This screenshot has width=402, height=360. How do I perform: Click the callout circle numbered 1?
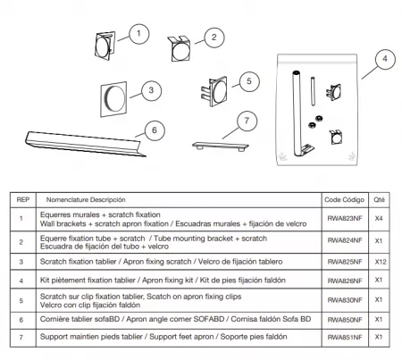coord(138,34)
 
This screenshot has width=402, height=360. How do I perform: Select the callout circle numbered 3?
coord(153,89)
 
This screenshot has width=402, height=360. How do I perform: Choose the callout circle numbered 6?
coord(154,130)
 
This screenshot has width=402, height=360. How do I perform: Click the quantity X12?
coord(380,264)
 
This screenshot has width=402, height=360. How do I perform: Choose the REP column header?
coord(23,200)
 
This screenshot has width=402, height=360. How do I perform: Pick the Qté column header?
coord(380,200)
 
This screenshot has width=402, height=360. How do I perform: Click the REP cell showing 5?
coord(23,300)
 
